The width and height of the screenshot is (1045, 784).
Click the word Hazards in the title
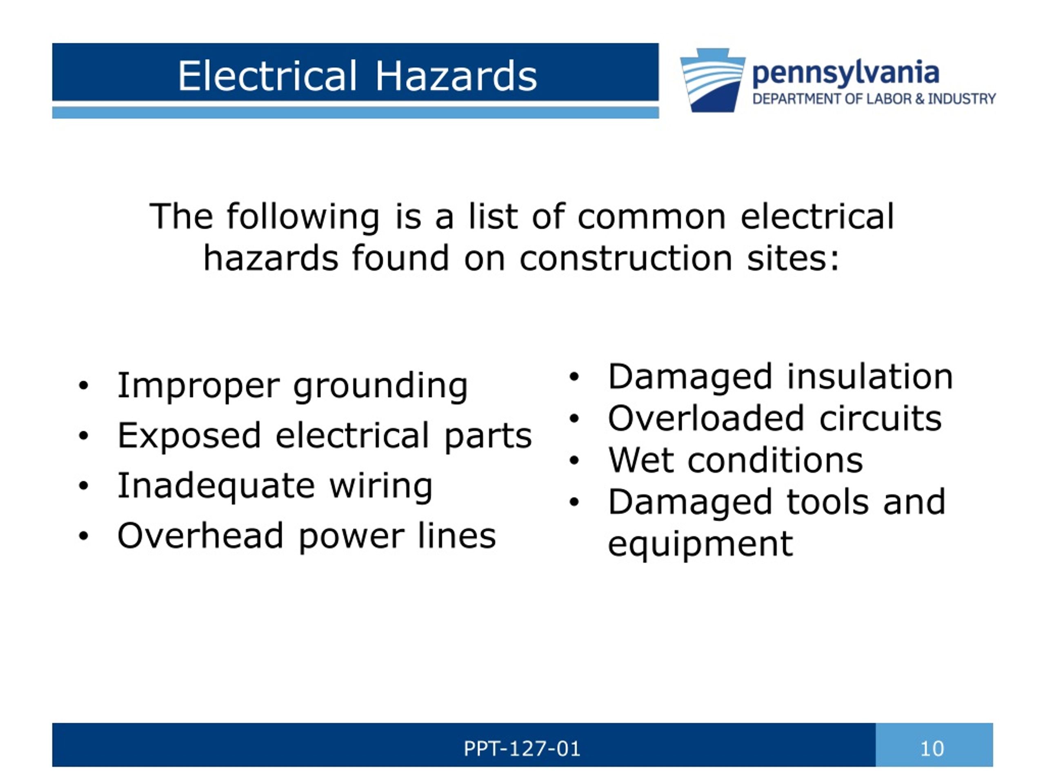[x=456, y=76]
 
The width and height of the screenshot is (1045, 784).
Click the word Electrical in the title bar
[x=267, y=76]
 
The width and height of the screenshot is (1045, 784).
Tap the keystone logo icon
[x=712, y=80]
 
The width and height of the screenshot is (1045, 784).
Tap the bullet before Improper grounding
[x=84, y=385]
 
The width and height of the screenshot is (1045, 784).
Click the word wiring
[x=381, y=486]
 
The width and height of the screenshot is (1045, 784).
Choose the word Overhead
[x=200, y=536]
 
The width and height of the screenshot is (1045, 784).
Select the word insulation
[x=870, y=377]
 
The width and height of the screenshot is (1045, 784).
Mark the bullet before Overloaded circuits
[x=574, y=419]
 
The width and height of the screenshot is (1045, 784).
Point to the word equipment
[x=700, y=544]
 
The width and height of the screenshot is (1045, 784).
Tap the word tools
[x=828, y=502]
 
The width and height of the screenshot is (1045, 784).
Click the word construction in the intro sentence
[x=626, y=258]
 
